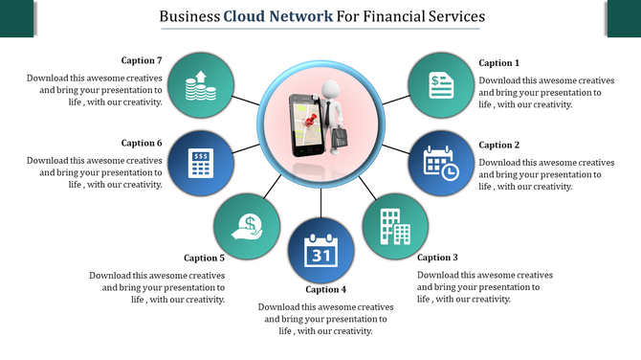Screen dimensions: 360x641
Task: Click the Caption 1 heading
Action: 498,63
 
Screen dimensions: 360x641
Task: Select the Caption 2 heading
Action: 498,146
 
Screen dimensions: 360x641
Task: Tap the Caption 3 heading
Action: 437,258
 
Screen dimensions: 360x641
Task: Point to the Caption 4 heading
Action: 325,289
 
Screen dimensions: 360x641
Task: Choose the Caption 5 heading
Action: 204,258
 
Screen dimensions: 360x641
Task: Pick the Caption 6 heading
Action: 142,143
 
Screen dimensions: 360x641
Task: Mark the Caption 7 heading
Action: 142,61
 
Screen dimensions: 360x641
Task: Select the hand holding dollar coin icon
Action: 247,226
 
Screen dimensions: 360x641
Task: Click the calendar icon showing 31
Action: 320,251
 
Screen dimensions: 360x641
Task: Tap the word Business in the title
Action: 189,16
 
